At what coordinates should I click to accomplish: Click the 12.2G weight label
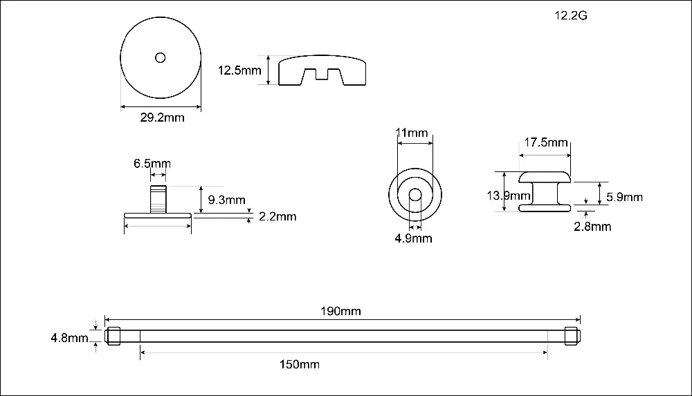coord(571,15)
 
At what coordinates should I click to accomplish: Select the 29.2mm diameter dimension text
coord(163,117)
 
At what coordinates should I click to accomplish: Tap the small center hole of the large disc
coord(161,58)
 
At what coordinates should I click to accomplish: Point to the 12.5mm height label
coord(239,70)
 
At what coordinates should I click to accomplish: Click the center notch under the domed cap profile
coord(321,74)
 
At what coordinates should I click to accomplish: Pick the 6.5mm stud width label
coord(152,164)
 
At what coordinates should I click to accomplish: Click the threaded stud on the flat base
coord(158,199)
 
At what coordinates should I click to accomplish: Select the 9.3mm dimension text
coord(226,200)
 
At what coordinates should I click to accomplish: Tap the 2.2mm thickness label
coord(277,216)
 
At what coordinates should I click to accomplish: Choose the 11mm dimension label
coord(412,133)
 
